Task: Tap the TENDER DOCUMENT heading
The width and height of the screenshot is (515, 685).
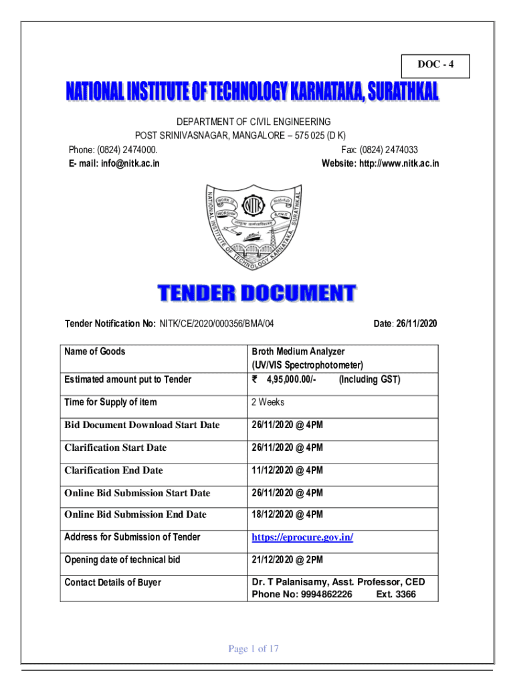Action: click(x=257, y=294)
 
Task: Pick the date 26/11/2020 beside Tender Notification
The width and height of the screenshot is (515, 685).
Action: click(x=415, y=324)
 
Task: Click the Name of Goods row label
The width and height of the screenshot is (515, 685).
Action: click(x=94, y=351)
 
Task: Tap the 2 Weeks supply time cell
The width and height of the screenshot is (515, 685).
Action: click(x=268, y=402)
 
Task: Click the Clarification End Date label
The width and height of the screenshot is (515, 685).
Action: click(x=114, y=470)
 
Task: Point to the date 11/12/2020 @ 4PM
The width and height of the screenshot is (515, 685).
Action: click(x=287, y=470)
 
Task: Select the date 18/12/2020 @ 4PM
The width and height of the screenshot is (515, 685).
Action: click(x=287, y=514)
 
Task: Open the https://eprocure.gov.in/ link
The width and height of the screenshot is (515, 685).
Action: click(x=302, y=537)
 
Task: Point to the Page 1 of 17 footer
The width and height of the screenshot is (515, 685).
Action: click(x=253, y=648)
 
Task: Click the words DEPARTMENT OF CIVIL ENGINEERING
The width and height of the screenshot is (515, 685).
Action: click(x=253, y=122)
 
